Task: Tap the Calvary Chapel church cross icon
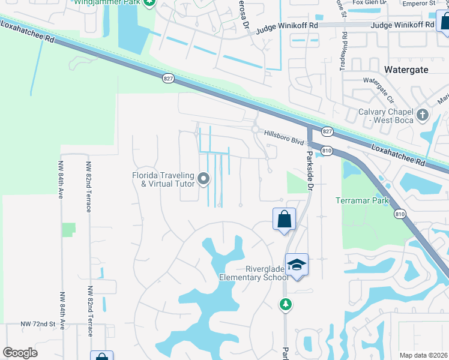coord(423,114)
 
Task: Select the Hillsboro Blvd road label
coord(284,138)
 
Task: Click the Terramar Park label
coord(362,200)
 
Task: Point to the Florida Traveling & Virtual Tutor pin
coord(203,178)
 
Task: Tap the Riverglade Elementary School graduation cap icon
coord(297,265)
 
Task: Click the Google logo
coord(20,353)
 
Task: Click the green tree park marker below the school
coord(286,305)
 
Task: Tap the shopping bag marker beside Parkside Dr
coord(285,219)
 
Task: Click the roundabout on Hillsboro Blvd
coord(256,129)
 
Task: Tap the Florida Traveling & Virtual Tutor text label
coord(164,179)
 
